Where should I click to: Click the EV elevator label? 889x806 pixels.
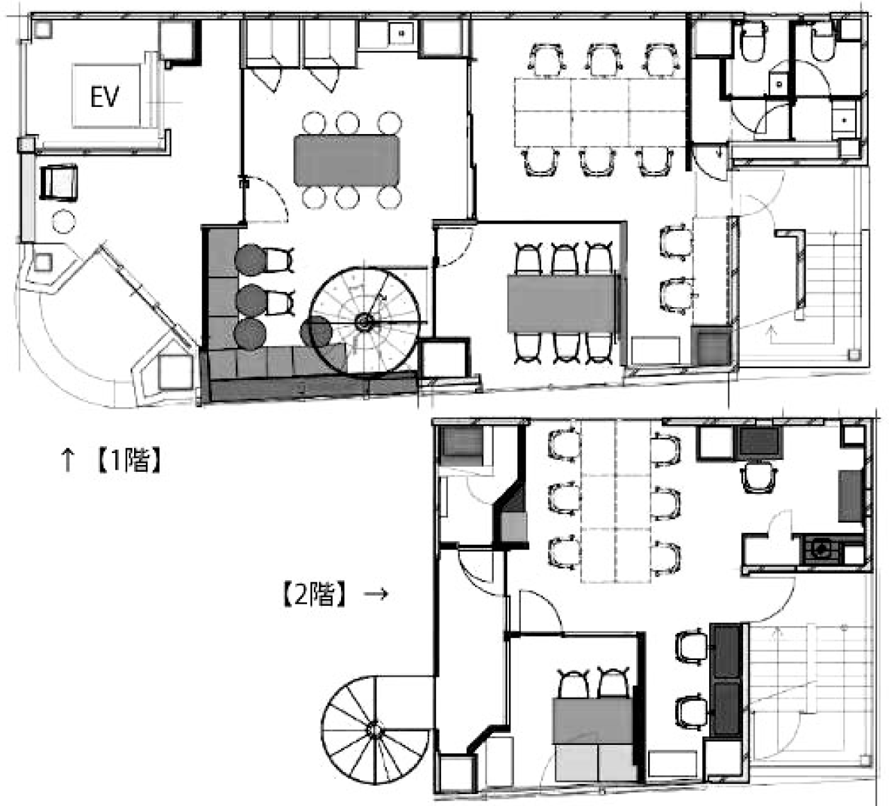pyautogui.click(x=105, y=97)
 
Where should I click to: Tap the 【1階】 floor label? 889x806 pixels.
pyautogui.click(x=128, y=460)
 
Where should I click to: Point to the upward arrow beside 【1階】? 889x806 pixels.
pyautogui.click(x=67, y=460)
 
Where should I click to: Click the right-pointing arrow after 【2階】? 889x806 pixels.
pyautogui.click(x=376, y=593)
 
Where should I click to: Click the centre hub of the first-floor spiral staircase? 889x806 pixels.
pyautogui.click(x=364, y=322)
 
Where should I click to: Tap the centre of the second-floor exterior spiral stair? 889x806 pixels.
pyautogui.click(x=374, y=729)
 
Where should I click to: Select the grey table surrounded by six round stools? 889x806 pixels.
pyautogui.click(x=347, y=160)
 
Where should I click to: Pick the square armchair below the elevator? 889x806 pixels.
pyautogui.click(x=59, y=183)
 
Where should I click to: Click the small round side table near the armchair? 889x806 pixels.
pyautogui.click(x=63, y=222)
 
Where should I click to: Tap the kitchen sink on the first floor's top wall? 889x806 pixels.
pyautogui.click(x=401, y=33)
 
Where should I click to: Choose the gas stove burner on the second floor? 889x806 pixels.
pyautogui.click(x=821, y=550)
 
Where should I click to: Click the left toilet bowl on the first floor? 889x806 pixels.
pyautogui.click(x=753, y=42)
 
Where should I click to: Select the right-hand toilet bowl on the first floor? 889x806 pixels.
pyautogui.click(x=823, y=42)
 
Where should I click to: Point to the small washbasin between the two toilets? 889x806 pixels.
pyautogui.click(x=778, y=83)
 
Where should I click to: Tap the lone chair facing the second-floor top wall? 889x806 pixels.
pyautogui.click(x=759, y=477)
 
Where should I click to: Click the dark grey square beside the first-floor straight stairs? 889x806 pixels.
pyautogui.click(x=713, y=346)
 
